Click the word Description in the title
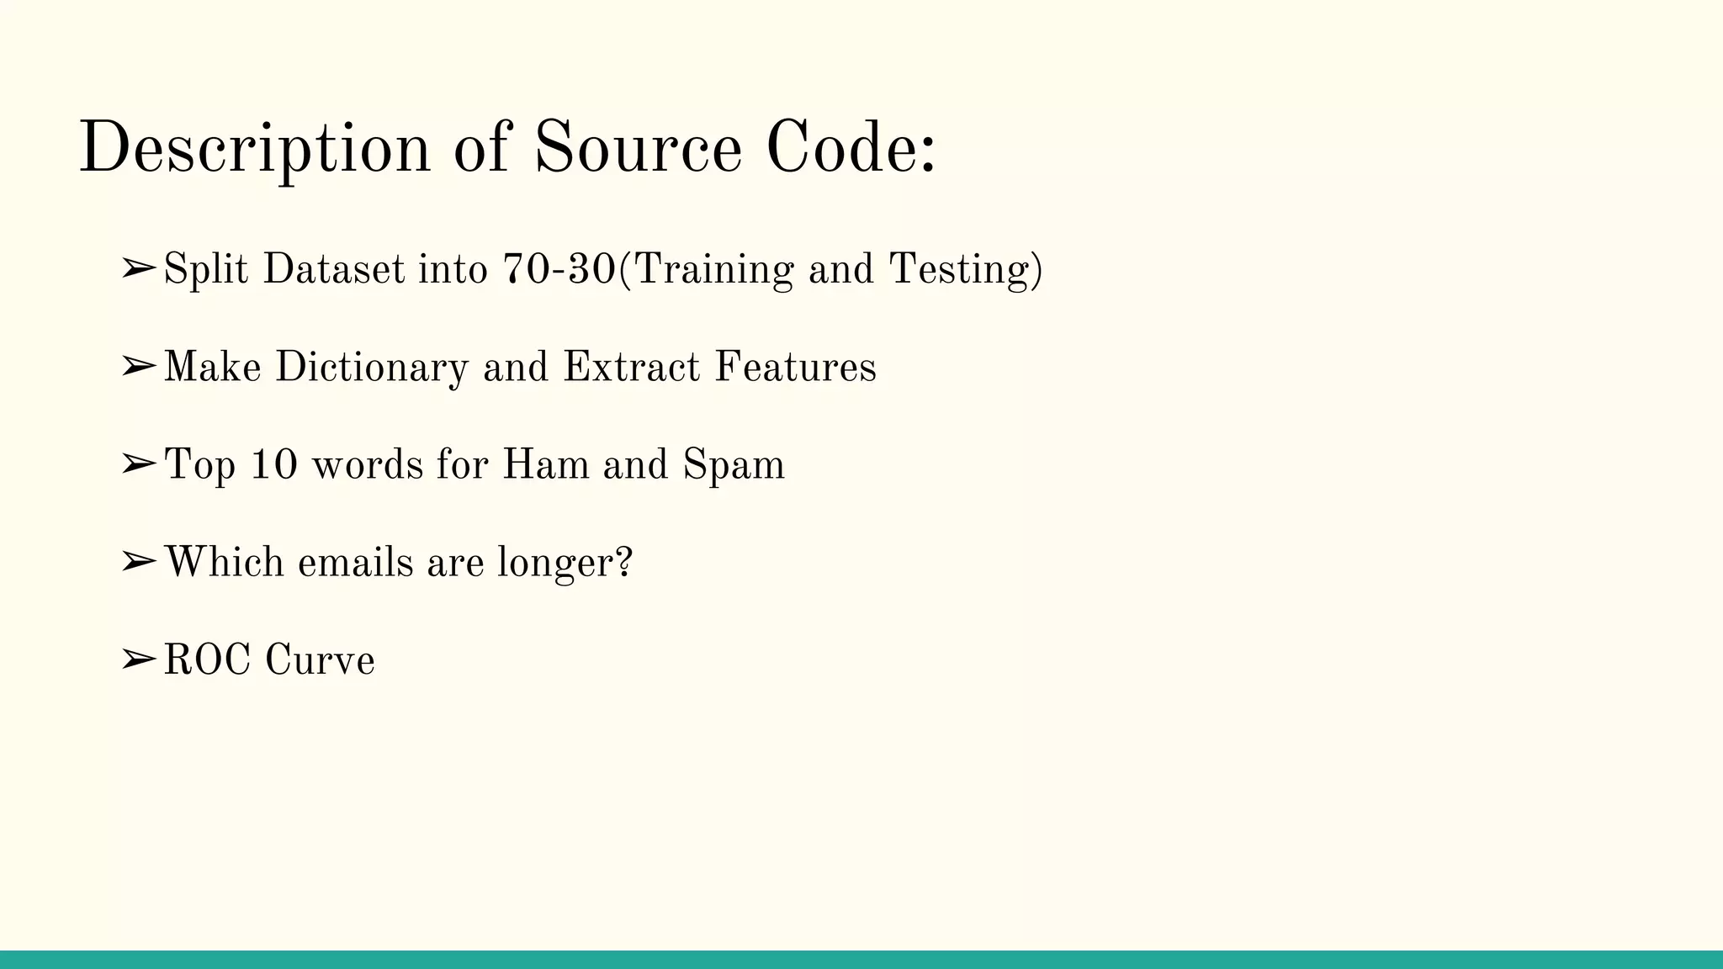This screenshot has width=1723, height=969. click(254, 148)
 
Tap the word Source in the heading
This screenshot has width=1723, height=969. click(638, 148)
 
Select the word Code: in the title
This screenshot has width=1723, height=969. click(851, 148)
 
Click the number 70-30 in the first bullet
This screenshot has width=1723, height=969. click(559, 269)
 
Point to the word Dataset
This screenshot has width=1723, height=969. click(334, 269)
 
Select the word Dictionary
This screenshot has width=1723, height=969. click(371, 368)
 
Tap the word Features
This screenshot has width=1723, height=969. click(795, 368)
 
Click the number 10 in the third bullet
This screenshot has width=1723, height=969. click(274, 465)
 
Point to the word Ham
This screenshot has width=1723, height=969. click(545, 465)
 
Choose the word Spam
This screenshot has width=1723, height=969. click(734, 465)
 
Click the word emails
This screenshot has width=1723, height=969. click(355, 562)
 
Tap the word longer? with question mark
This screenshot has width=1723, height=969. click(565, 562)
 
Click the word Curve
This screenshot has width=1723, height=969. click(320, 659)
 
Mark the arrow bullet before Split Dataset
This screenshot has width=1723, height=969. click(138, 269)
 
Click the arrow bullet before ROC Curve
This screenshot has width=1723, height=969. click(138, 660)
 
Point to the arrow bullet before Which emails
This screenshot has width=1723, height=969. click(138, 562)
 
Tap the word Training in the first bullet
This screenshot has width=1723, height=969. click(712, 269)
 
